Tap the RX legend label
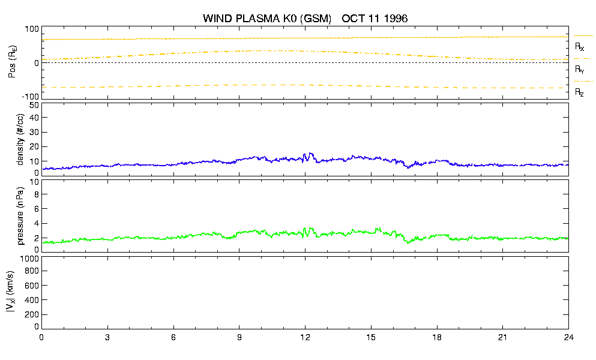[579, 47]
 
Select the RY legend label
[579, 70]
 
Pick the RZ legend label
[579, 92]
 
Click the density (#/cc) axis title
[20, 139]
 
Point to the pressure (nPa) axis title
[20, 215]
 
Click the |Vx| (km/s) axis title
[10, 292]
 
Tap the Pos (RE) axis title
[12, 62]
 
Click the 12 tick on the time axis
[305, 337]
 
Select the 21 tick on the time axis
[502, 337]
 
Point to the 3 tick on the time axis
[107, 337]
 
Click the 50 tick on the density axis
[34, 106]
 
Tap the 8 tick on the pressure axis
[37, 194]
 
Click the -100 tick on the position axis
[31, 97]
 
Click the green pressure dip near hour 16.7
[408, 242]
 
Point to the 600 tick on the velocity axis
[32, 286]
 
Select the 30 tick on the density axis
[34, 132]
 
